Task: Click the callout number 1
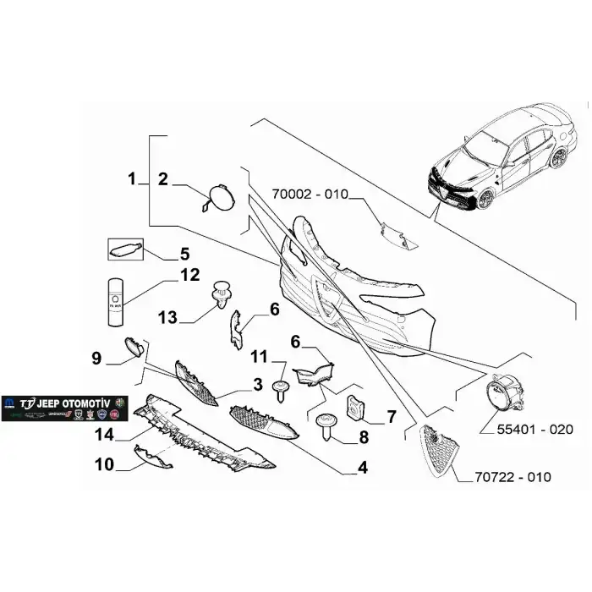132,178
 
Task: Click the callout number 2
163,178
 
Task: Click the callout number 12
189,275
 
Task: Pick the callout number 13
168,317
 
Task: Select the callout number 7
392,416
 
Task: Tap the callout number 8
364,437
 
